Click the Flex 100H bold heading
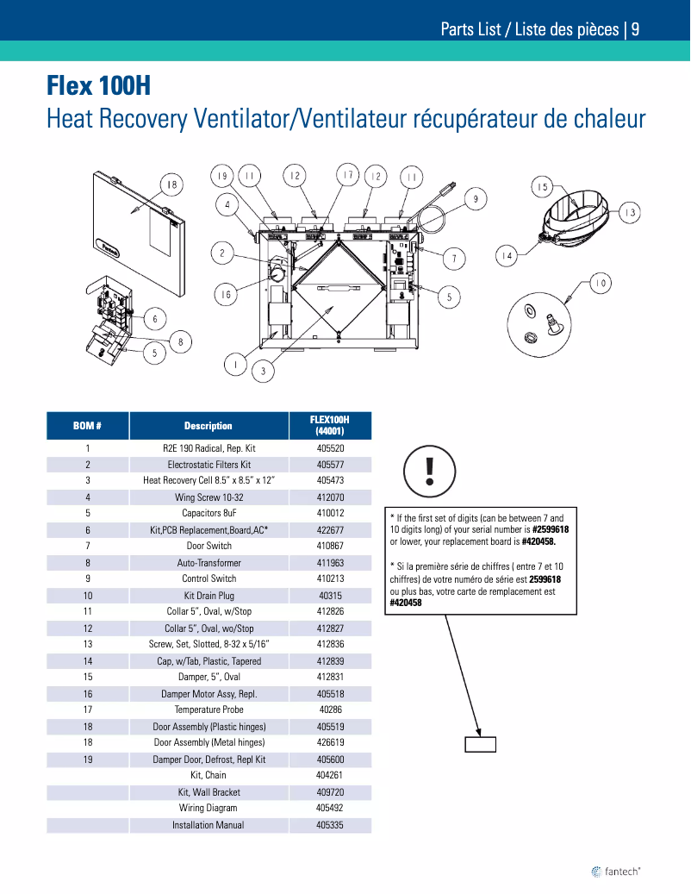(98, 86)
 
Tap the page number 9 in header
(635, 29)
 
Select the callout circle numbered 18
(171, 185)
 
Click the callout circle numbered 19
(222, 176)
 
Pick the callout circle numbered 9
(476, 199)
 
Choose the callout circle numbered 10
(601, 283)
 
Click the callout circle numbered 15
(542, 187)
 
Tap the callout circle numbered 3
(263, 372)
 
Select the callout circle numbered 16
(226, 295)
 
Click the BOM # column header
(87, 426)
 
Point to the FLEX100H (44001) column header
(330, 425)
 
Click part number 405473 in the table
(330, 480)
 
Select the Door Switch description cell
(209, 546)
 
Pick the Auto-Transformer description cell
(209, 563)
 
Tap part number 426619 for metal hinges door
(330, 742)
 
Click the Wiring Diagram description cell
(209, 808)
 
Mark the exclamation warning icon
(429, 471)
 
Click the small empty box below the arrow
(480, 744)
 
